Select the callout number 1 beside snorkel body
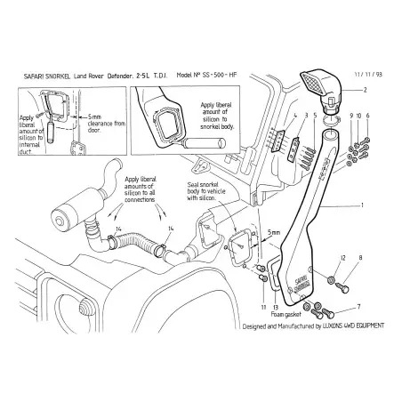pyautogui.click(x=362, y=205)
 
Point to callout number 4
pyautogui.click(x=294, y=116)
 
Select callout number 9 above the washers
pyautogui.click(x=351, y=116)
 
